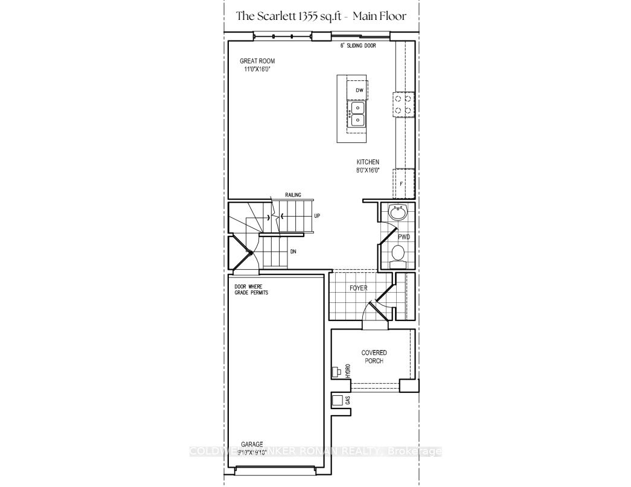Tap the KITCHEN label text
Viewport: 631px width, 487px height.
[367, 162]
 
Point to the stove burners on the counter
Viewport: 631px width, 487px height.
[403, 104]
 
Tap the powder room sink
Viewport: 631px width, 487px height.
[398, 212]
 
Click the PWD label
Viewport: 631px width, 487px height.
[403, 237]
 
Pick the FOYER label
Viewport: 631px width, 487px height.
[359, 288]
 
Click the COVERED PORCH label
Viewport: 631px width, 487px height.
[374, 357]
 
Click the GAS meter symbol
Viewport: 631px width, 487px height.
[338, 400]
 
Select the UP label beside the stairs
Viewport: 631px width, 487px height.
[317, 215]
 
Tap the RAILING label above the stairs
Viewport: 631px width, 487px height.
[293, 195]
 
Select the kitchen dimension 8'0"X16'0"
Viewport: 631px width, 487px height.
[367, 170]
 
